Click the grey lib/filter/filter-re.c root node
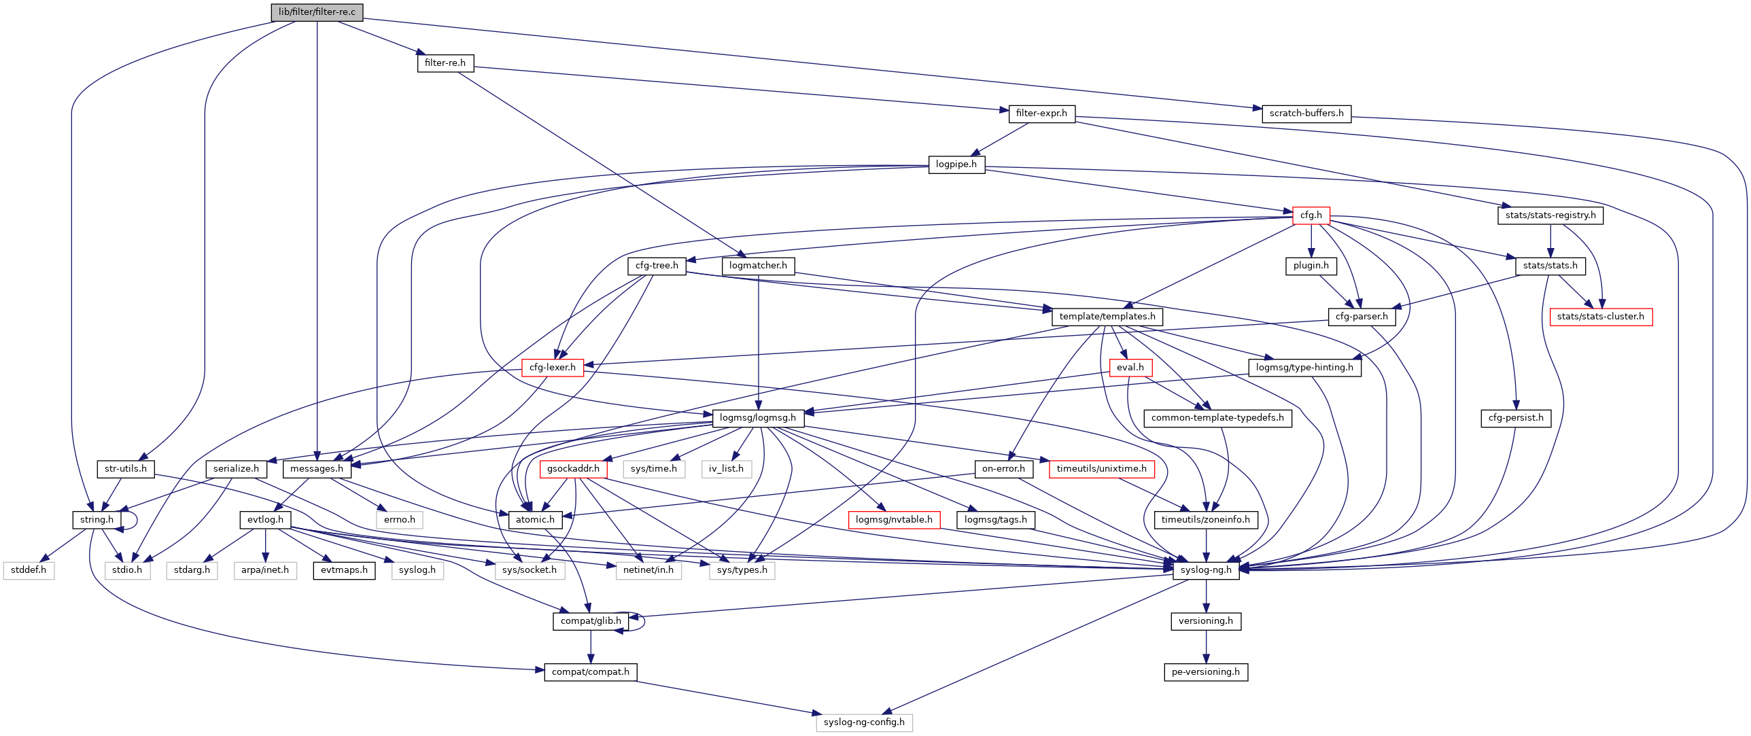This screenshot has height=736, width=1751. [x=317, y=12]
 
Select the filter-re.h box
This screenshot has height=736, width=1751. [x=445, y=63]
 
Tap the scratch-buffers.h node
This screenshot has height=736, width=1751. [x=1306, y=113]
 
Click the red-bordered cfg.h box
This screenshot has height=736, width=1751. [x=1311, y=215]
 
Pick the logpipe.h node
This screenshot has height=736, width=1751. [x=956, y=164]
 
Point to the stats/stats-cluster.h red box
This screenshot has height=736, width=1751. [x=1600, y=317]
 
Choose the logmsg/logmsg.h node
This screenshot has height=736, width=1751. [x=758, y=418]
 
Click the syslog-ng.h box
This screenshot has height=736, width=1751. [x=1206, y=570]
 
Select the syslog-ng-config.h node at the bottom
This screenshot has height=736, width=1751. [x=864, y=722]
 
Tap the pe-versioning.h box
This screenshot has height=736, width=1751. [x=1206, y=672]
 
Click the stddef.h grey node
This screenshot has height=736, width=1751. [x=29, y=570]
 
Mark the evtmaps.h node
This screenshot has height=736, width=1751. [x=344, y=570]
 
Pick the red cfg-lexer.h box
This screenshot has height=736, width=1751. [x=553, y=368]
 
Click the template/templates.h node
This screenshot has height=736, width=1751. [x=1107, y=317]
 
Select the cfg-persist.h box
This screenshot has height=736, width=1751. [x=1516, y=418]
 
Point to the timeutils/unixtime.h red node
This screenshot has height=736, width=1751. [x=1101, y=469]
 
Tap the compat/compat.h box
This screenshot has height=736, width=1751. [x=591, y=672]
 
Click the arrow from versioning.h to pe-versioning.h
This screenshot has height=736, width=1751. [x=1206, y=646]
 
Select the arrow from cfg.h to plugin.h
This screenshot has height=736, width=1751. [x=1311, y=241]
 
